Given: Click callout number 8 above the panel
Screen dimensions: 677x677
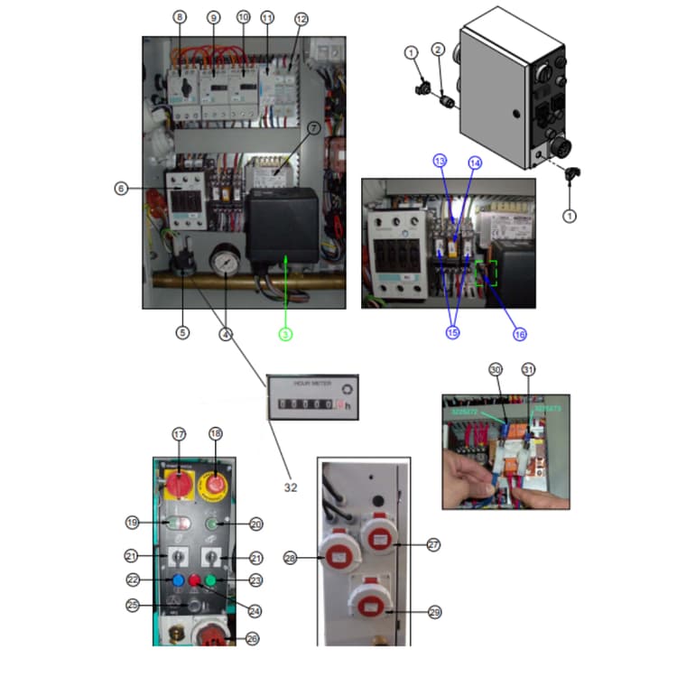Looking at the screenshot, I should tap(180, 17).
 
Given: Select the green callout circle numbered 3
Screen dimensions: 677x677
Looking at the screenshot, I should tap(285, 333).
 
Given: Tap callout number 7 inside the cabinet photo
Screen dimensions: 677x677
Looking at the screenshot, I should tap(313, 129).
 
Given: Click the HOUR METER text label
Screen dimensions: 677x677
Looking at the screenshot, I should tap(311, 384).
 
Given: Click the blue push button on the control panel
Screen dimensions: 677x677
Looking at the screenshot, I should tap(177, 580).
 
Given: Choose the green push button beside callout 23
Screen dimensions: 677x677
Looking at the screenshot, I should tap(210, 580).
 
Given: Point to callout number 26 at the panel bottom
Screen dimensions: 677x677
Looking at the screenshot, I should tap(252, 638).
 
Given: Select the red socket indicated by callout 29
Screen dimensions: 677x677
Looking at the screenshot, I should tap(368, 607).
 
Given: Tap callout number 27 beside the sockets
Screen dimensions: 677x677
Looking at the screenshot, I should tap(434, 544).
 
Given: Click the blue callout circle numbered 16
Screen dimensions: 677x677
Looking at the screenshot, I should tap(519, 333).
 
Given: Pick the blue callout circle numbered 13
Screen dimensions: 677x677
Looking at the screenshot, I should tap(440, 161).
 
